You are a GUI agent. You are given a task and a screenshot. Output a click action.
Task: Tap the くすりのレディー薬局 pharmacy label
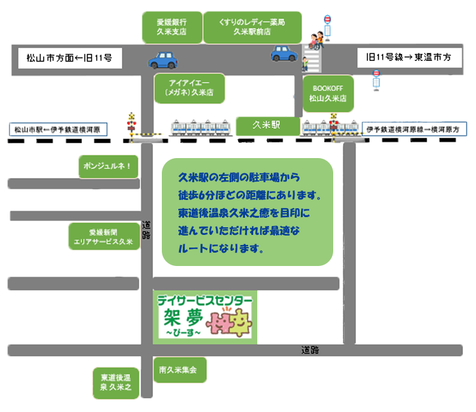[x=251, y=26]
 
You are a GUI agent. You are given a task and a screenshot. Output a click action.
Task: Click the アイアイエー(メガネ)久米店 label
[x=190, y=88]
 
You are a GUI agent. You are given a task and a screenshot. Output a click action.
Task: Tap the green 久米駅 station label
[x=267, y=126]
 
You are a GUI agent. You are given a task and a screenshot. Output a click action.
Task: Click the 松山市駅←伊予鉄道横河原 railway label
[x=58, y=130]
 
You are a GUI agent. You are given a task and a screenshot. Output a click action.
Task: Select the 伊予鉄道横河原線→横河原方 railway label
[x=416, y=130]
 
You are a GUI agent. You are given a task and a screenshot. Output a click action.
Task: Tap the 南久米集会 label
[x=180, y=369]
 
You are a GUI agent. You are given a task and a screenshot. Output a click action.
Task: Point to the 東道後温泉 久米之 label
[x=115, y=383]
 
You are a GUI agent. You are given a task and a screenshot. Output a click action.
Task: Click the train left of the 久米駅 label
[x=200, y=127]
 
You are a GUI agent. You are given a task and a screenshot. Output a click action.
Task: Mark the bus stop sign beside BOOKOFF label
[x=376, y=79]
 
